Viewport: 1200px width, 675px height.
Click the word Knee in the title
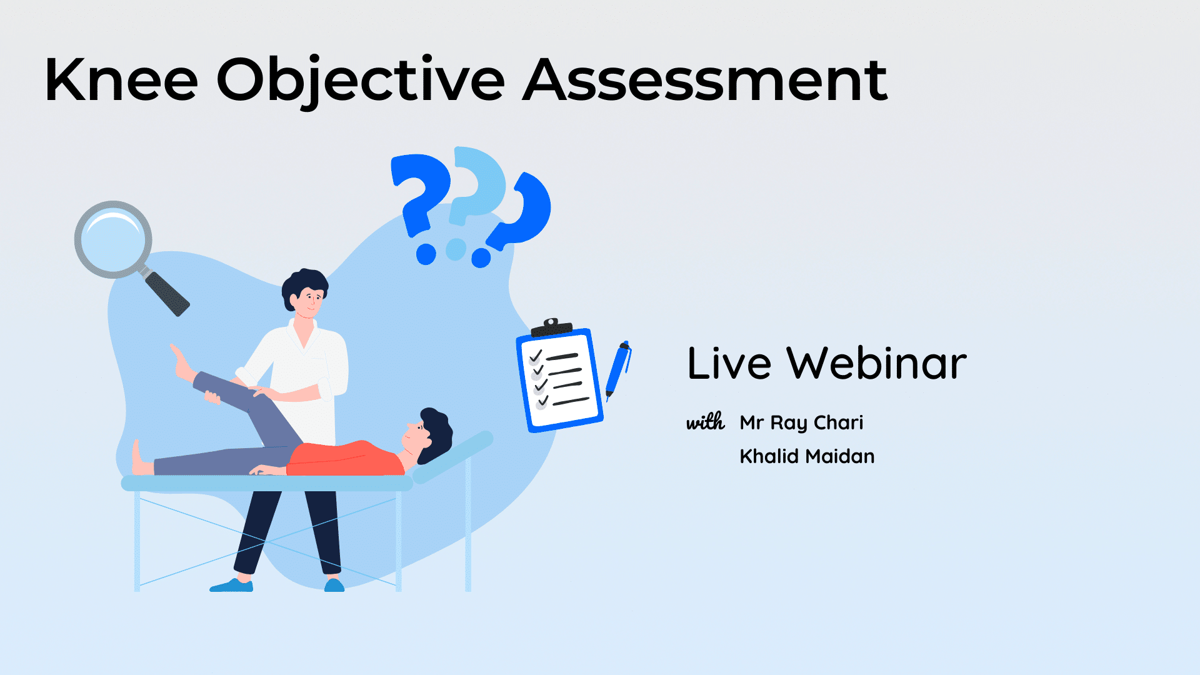coord(121,79)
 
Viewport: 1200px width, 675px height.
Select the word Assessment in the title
coord(705,79)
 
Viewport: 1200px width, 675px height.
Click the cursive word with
coord(706,422)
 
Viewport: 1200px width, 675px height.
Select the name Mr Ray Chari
coord(801,423)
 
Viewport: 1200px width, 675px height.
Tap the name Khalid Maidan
coord(807,456)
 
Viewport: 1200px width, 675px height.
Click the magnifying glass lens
coord(113,239)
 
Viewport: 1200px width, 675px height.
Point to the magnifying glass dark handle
coord(167,294)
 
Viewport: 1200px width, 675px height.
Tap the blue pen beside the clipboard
coord(618,370)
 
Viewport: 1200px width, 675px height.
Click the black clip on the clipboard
coord(551,327)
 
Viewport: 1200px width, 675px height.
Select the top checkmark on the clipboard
coord(536,356)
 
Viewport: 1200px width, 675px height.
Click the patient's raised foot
coord(182,362)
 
